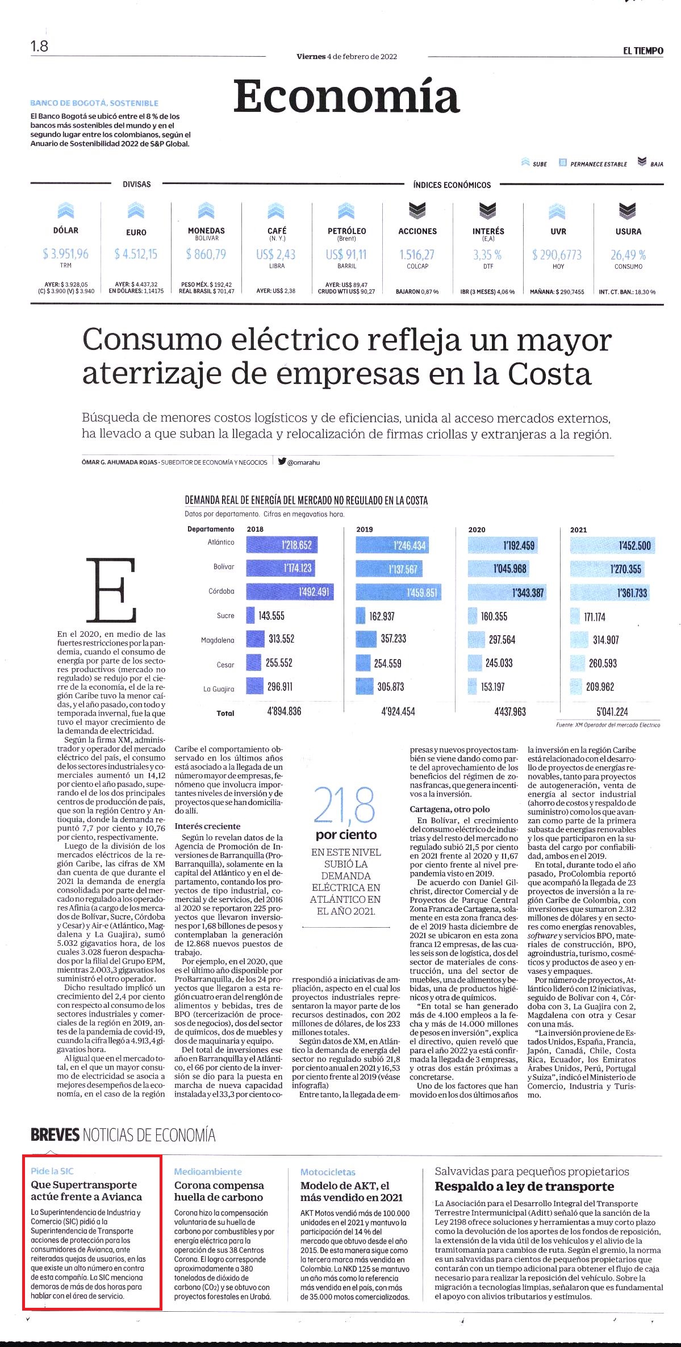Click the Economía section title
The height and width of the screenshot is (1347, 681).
coord(346,96)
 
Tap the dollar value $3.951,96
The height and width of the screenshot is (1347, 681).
coord(66,254)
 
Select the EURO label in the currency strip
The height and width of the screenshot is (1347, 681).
coord(136,232)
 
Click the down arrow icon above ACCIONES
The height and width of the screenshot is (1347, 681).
coord(417,211)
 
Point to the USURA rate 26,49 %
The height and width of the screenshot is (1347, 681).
coord(628,255)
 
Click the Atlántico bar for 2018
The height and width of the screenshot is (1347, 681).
coord(282,545)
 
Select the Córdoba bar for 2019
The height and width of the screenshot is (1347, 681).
coord(398,593)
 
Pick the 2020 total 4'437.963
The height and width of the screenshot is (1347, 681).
coord(510,711)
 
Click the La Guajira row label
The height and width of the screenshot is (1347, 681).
coord(219,689)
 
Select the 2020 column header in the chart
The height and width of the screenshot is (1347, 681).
coord(477,529)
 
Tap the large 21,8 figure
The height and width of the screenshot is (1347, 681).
coord(345,805)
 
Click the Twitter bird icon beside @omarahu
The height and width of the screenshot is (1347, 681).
coord(282,461)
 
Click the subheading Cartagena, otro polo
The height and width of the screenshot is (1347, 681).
coord(450,809)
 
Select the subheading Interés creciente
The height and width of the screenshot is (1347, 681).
coord(207,826)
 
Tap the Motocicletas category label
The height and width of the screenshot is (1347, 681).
coord(328,1171)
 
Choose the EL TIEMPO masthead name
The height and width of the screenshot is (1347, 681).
coord(643,51)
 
